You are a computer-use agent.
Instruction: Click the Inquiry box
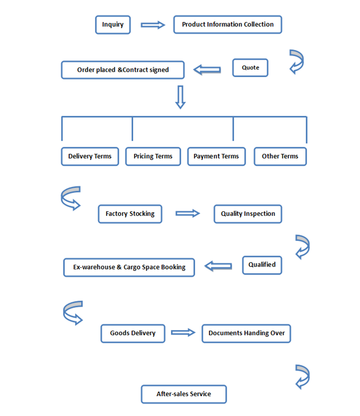(113, 24)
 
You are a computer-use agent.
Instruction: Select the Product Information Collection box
(228, 24)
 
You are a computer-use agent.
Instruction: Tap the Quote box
(250, 68)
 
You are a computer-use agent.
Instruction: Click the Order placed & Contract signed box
(123, 70)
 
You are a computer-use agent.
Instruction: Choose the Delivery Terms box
(90, 156)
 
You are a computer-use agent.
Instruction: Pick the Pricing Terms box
(153, 156)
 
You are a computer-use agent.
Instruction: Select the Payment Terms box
(216, 156)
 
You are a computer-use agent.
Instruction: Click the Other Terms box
(280, 156)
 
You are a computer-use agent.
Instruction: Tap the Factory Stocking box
(130, 214)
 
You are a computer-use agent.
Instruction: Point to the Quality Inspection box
(248, 214)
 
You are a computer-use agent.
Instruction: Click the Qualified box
(262, 265)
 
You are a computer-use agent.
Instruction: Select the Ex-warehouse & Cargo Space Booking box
(129, 267)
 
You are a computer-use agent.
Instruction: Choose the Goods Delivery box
(133, 333)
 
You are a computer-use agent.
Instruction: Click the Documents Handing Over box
(246, 333)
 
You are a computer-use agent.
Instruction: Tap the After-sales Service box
(184, 394)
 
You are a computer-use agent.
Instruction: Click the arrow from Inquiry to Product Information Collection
(153, 25)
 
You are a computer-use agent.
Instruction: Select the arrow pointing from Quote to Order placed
(207, 70)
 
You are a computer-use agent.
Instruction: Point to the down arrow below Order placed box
(180, 97)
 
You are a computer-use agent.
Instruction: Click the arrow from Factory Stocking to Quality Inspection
(188, 214)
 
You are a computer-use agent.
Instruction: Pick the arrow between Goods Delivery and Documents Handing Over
(183, 332)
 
